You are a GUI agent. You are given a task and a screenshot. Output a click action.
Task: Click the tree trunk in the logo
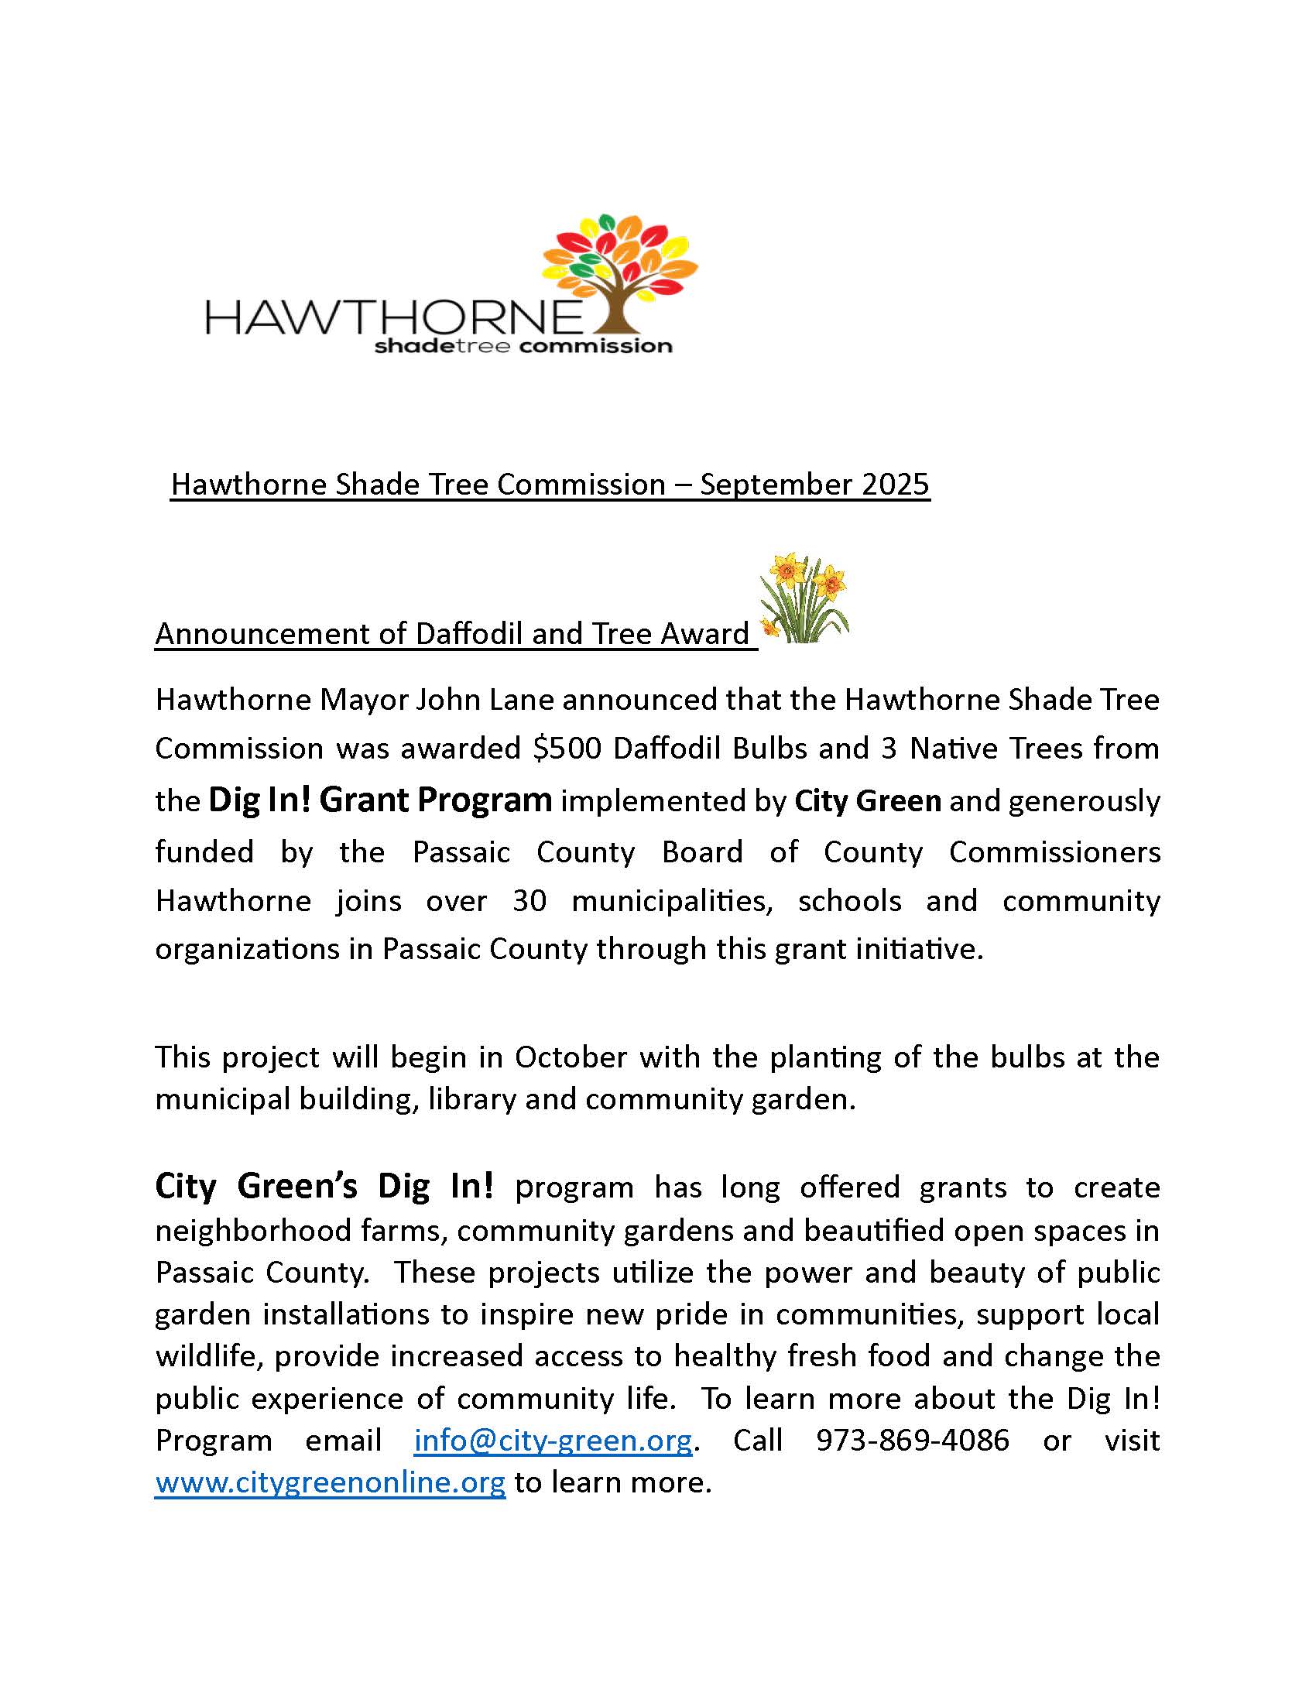coord(619,308)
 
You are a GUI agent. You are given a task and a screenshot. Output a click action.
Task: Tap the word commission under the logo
coord(595,345)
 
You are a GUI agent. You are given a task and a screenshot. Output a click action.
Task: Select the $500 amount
coord(567,748)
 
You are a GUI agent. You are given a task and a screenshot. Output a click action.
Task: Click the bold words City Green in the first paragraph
coord(868,801)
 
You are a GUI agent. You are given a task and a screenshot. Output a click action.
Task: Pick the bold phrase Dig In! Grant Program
coord(380,800)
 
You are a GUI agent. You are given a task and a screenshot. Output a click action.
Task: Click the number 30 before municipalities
coord(529,900)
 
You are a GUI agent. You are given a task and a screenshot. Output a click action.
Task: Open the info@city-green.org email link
coord(553,1441)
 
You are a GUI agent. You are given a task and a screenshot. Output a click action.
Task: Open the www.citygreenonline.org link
coord(331,1482)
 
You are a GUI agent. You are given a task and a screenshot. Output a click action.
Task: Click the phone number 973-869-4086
coord(912,1441)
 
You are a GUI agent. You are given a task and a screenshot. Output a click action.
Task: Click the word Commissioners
coord(1054,852)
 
